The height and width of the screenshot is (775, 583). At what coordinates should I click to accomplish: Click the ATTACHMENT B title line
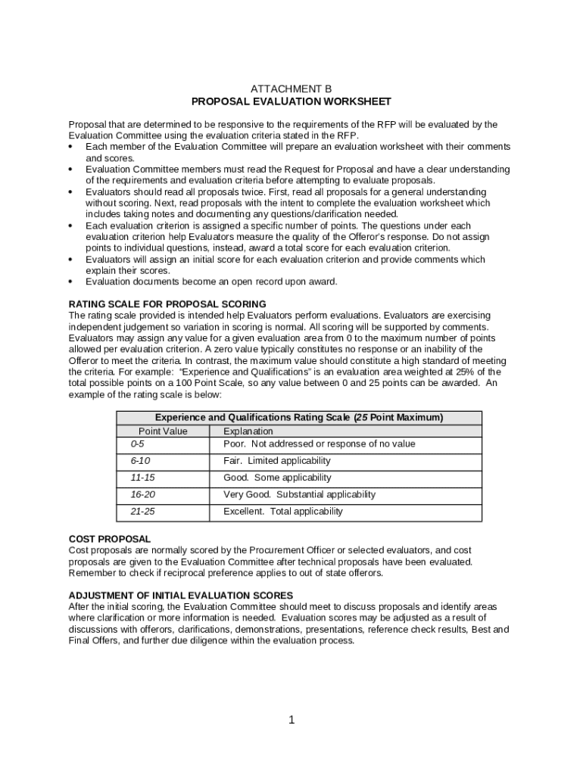(291, 89)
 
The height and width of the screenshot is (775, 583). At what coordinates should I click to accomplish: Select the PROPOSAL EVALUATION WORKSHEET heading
(291, 101)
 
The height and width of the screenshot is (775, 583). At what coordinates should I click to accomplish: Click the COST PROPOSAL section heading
(109, 539)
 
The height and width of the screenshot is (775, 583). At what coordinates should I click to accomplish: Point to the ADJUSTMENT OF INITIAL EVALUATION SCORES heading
(181, 596)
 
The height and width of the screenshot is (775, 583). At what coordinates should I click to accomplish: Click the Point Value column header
(163, 431)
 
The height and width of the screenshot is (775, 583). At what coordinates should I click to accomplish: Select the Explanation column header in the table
(248, 431)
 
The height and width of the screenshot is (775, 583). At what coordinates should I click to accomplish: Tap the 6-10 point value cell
(141, 461)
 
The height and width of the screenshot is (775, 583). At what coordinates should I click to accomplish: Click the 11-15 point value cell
(142, 478)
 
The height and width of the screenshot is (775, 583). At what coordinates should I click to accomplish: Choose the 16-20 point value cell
(142, 494)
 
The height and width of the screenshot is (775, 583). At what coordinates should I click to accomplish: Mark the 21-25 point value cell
(142, 512)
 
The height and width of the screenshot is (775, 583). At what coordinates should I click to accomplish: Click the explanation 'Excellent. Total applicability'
(282, 512)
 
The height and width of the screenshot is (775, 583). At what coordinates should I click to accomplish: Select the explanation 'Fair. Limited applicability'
(276, 461)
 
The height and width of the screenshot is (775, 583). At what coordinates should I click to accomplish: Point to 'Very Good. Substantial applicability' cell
(299, 494)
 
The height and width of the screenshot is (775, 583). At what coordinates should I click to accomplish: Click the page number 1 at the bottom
(291, 720)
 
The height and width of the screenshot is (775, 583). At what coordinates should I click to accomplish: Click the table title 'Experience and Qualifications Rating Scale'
(299, 418)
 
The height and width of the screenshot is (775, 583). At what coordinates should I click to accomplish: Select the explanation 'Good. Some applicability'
(277, 478)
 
